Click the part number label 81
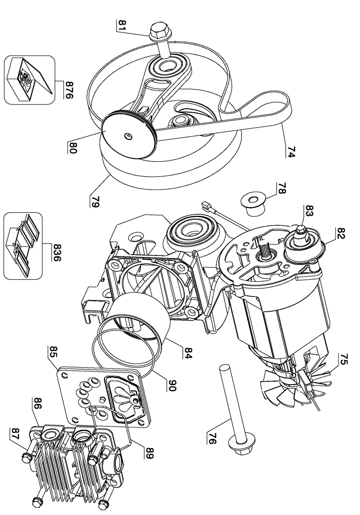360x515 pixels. tap(122, 26)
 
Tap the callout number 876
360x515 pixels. tap(69, 90)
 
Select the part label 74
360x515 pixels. tap(291, 152)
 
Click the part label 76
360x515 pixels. tap(212, 438)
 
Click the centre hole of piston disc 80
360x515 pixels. tap(127, 135)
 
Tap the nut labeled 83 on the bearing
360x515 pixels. tap(301, 232)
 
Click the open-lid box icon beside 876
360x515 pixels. tap(29, 80)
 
